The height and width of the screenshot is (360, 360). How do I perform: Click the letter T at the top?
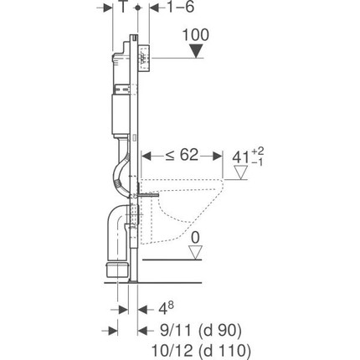pos(122,7)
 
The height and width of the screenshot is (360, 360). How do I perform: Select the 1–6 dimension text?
pos(180,7)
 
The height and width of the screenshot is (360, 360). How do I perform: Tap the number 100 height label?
pos(195,35)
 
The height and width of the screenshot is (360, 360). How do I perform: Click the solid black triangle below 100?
pos(196,52)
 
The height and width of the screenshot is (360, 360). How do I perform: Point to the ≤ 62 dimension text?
pos(182,155)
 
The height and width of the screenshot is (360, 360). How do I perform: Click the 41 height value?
pos(240,157)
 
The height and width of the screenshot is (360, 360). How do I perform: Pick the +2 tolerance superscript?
pos(258,152)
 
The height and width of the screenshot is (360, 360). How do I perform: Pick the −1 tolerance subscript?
pos(257,162)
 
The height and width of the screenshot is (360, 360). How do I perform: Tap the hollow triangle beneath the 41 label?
pos(240,172)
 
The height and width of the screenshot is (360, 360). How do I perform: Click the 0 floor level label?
pos(195,238)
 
